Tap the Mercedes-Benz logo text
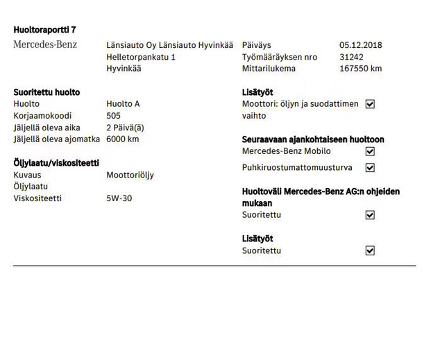45,45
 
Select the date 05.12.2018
360,45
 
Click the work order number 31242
352,57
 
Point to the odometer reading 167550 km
360,69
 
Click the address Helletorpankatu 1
141,57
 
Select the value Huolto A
123,104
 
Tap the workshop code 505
114,116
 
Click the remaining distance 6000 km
123,139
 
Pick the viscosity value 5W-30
119,198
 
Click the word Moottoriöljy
130,175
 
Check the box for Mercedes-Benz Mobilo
370,151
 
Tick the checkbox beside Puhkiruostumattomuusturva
370,168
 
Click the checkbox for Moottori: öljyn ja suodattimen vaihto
370,104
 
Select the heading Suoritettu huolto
46,92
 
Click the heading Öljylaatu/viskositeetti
56,163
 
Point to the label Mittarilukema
269,69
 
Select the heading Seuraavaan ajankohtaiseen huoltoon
312,139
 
